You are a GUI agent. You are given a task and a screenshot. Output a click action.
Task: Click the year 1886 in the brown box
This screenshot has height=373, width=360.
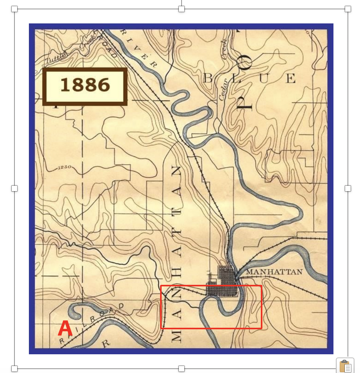click(85, 85)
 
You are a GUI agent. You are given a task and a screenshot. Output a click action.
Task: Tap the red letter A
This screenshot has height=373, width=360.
click(65, 329)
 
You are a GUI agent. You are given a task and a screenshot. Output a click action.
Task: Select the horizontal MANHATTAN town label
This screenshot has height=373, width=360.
click(275, 272)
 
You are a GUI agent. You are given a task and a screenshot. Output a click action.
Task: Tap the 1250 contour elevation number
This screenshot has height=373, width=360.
click(64, 168)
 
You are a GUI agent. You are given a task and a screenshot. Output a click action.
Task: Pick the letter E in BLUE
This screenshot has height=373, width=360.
click(290, 79)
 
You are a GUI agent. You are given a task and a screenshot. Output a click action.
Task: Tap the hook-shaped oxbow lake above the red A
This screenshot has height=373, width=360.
click(74, 310)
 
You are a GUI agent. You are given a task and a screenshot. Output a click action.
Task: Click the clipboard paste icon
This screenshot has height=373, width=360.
click(345, 366)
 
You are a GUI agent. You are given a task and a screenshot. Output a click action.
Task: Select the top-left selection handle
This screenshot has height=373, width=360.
click(14, 9)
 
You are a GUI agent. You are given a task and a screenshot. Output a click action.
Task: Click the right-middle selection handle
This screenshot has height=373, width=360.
click(348, 188)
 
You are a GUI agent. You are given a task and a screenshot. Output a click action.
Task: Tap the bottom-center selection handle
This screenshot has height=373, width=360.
click(181, 369)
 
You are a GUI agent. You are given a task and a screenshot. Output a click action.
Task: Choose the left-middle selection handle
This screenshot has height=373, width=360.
click(14, 188)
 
